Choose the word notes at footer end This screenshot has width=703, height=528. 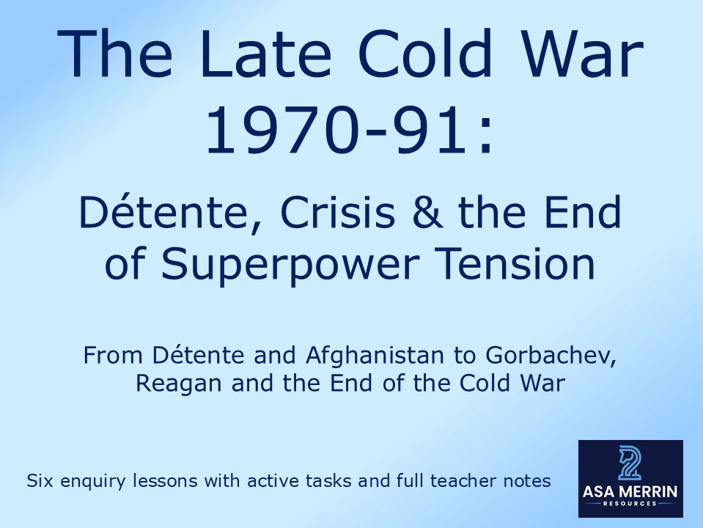[x=526, y=482]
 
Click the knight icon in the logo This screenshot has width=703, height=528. [x=630, y=463]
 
